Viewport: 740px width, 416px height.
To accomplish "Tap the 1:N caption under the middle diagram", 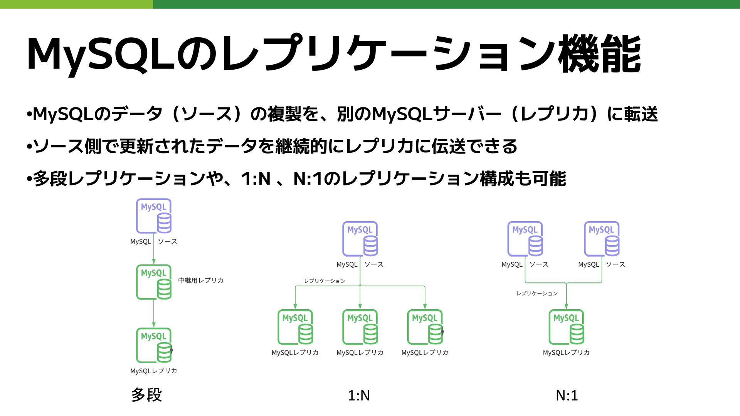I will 358,396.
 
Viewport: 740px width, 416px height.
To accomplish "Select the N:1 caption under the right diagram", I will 567,396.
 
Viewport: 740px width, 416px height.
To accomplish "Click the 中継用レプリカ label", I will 201,281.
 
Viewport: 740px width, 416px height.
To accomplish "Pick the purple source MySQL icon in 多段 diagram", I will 154,216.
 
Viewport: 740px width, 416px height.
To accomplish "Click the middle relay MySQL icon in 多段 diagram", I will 154,282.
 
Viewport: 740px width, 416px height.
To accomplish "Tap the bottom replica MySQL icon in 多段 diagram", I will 154,345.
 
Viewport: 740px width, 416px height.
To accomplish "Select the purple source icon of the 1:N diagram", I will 360,239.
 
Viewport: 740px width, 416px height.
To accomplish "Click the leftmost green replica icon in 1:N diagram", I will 295,327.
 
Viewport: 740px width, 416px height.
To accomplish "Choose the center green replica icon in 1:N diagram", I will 360,327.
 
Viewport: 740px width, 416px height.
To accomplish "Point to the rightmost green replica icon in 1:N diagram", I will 425,327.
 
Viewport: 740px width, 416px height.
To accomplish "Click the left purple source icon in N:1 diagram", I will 525,239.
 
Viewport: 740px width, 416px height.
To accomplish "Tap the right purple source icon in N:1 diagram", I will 602,239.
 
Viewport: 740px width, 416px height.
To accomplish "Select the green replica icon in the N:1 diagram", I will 566,327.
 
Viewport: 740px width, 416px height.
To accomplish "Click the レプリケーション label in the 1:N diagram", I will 325,281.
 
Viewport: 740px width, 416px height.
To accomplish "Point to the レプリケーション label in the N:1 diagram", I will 537,294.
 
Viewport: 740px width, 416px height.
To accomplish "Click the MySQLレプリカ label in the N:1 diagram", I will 566,353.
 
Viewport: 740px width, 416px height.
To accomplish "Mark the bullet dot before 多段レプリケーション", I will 29,179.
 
